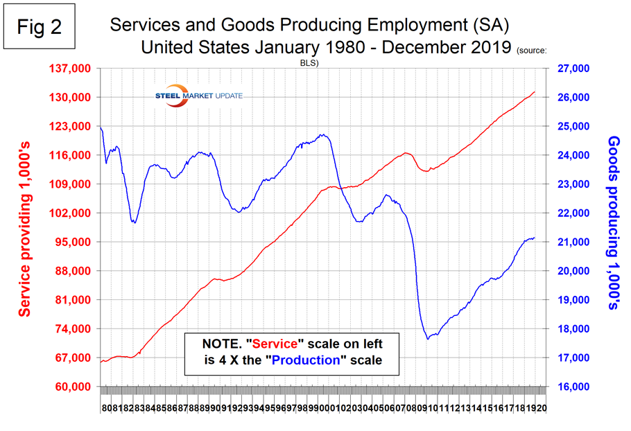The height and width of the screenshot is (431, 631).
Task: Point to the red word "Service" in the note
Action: click(278, 344)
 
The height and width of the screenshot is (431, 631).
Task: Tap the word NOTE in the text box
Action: click(223, 344)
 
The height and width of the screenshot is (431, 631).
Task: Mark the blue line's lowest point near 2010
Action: click(428, 339)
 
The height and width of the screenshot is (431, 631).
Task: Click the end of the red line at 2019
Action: click(535, 91)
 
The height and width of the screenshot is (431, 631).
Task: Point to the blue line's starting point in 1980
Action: click(101, 127)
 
